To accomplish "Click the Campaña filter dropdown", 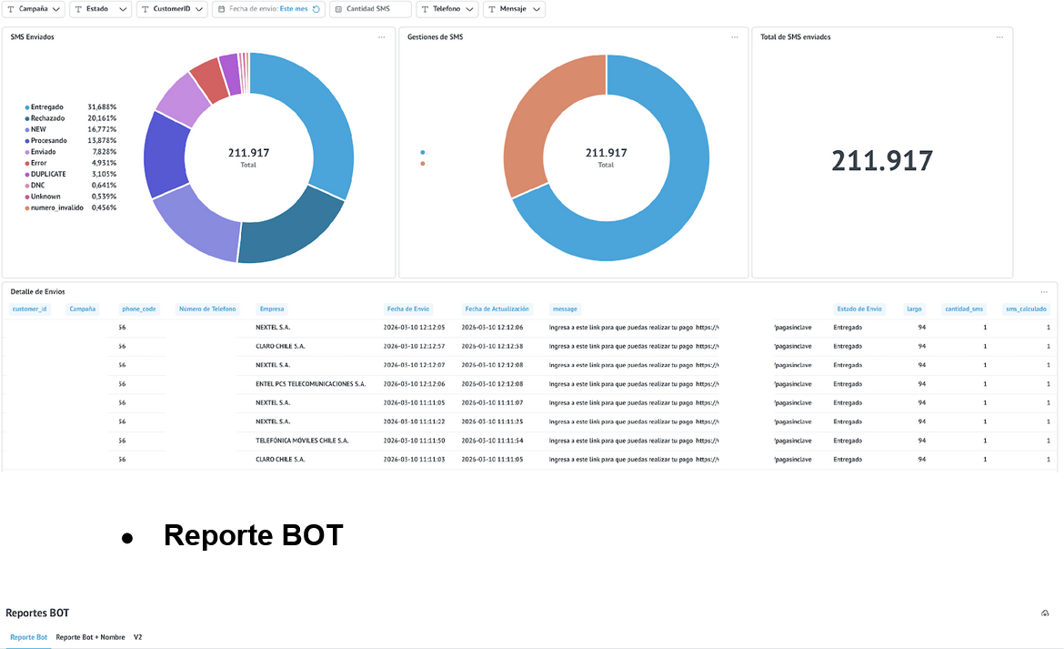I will (x=35, y=9).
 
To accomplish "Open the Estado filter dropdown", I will (x=101, y=9).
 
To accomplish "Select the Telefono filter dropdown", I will (x=446, y=9).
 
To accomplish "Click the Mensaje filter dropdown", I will (x=514, y=9).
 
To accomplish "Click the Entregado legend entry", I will (x=46, y=107).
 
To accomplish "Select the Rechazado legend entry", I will (x=47, y=118).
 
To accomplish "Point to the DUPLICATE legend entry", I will (x=47, y=174).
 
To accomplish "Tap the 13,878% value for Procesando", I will (x=102, y=141).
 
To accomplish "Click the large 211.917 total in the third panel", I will (x=881, y=161).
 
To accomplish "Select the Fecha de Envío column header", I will (x=408, y=309).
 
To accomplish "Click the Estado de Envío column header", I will (x=858, y=309).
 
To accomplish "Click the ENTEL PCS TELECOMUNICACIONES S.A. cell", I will (x=310, y=384).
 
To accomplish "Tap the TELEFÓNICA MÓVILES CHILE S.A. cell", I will (x=302, y=441).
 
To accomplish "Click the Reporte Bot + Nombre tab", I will (x=90, y=637).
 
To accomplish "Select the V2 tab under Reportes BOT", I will (x=138, y=637).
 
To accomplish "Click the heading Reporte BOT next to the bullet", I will (x=253, y=535).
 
